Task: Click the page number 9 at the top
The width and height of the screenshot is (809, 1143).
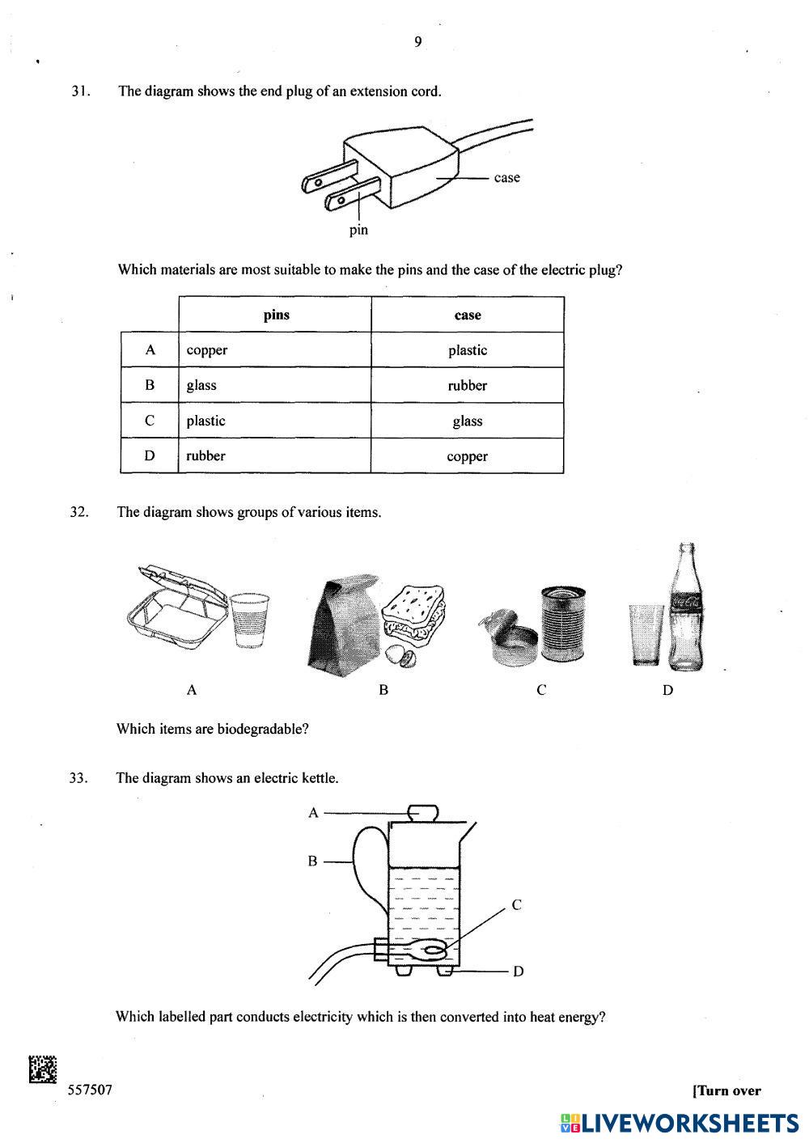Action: tap(417, 42)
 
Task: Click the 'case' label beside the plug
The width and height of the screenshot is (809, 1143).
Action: tap(506, 178)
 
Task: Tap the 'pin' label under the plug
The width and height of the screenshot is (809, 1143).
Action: tap(358, 230)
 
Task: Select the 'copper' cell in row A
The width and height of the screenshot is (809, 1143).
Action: tap(207, 350)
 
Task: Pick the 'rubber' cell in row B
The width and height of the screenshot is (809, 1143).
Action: tap(468, 386)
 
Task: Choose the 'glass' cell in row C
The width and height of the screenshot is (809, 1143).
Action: tap(468, 421)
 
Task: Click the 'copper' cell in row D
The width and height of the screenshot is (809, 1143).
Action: tap(468, 456)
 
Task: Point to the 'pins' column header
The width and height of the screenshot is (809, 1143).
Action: tap(276, 315)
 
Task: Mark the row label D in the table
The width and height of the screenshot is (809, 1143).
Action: tap(150, 455)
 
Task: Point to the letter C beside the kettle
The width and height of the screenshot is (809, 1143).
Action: tap(516, 905)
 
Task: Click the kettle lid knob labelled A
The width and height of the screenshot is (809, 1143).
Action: tap(421, 811)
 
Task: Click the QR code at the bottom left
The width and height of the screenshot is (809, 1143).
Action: tap(42, 1069)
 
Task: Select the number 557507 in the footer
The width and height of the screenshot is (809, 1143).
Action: tap(89, 1090)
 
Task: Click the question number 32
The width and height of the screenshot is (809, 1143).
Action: tap(78, 512)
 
